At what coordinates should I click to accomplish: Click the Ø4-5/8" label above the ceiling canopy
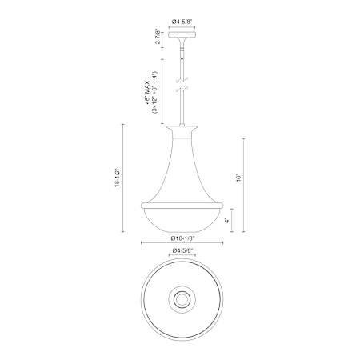click(182, 22)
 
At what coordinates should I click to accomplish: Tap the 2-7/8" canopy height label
click(158, 38)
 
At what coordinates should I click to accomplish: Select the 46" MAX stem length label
click(147, 92)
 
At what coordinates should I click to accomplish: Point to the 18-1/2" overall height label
click(118, 178)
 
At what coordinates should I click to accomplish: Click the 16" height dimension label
click(238, 178)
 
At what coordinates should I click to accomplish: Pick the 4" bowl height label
click(226, 221)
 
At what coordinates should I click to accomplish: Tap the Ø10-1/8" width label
click(183, 238)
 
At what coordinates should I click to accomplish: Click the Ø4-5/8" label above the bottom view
click(182, 250)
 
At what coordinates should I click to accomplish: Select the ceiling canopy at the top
click(182, 35)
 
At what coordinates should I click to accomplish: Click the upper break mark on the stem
click(182, 79)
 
